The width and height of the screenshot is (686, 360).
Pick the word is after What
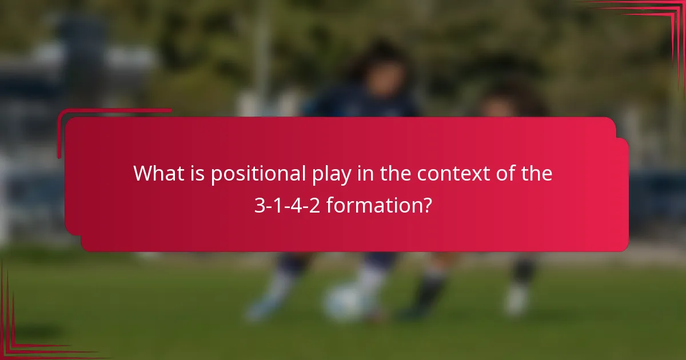click(196, 173)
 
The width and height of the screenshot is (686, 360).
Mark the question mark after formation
click(426, 205)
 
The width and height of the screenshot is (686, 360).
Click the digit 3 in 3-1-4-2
click(258, 205)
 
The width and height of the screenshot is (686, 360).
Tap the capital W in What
click(143, 173)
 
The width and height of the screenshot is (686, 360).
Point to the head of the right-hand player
click(503, 103)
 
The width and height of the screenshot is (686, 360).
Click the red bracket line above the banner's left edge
click(114, 110)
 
